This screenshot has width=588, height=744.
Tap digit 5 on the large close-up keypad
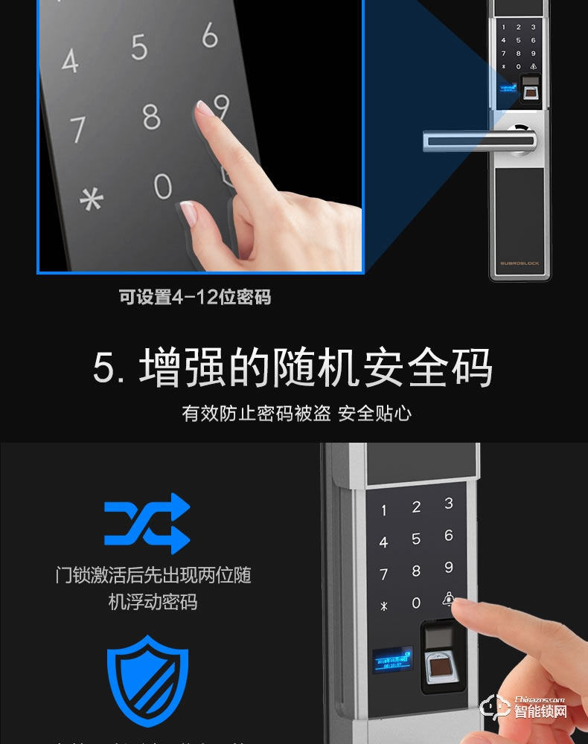coord(139,47)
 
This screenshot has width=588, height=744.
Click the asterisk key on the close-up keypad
coord(92,200)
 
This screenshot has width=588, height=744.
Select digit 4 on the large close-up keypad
coord(69,61)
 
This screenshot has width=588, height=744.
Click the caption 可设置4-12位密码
coord(195,298)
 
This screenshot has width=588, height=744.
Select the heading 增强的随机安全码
coord(293,368)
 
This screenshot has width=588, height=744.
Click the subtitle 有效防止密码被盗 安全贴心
coord(296,413)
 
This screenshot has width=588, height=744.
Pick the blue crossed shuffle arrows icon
coord(147,523)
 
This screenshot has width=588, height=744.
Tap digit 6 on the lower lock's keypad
coord(448,536)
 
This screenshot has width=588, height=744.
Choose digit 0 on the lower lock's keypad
coord(416,603)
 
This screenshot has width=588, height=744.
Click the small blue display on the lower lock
coord(392,659)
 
